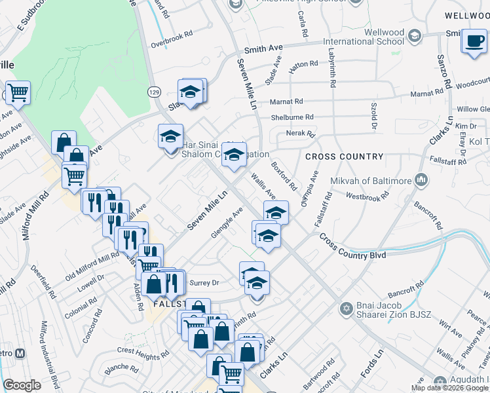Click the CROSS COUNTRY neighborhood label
click(x=344, y=157)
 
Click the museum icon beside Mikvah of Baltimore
click(x=421, y=179)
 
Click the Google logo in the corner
click(x=22, y=385)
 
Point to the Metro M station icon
click(x=20, y=353)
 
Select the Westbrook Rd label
click(x=367, y=196)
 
